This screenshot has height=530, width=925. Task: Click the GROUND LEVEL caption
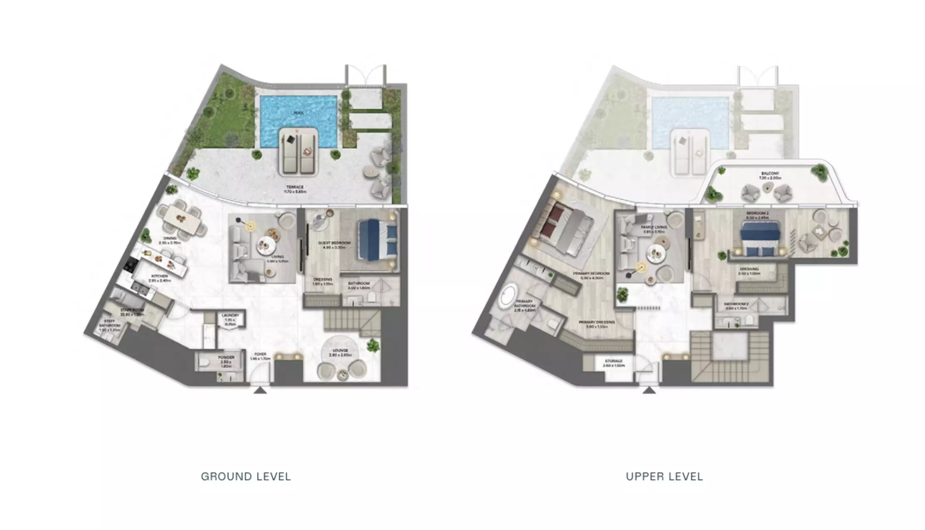pos(246,476)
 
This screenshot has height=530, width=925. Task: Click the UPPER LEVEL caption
pos(664,476)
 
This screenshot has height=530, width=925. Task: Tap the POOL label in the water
pos(299,113)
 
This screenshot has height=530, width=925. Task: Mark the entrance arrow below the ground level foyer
pos(260,390)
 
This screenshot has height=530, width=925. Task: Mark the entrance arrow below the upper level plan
pos(649,390)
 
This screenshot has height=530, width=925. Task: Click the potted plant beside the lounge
pos(373,345)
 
